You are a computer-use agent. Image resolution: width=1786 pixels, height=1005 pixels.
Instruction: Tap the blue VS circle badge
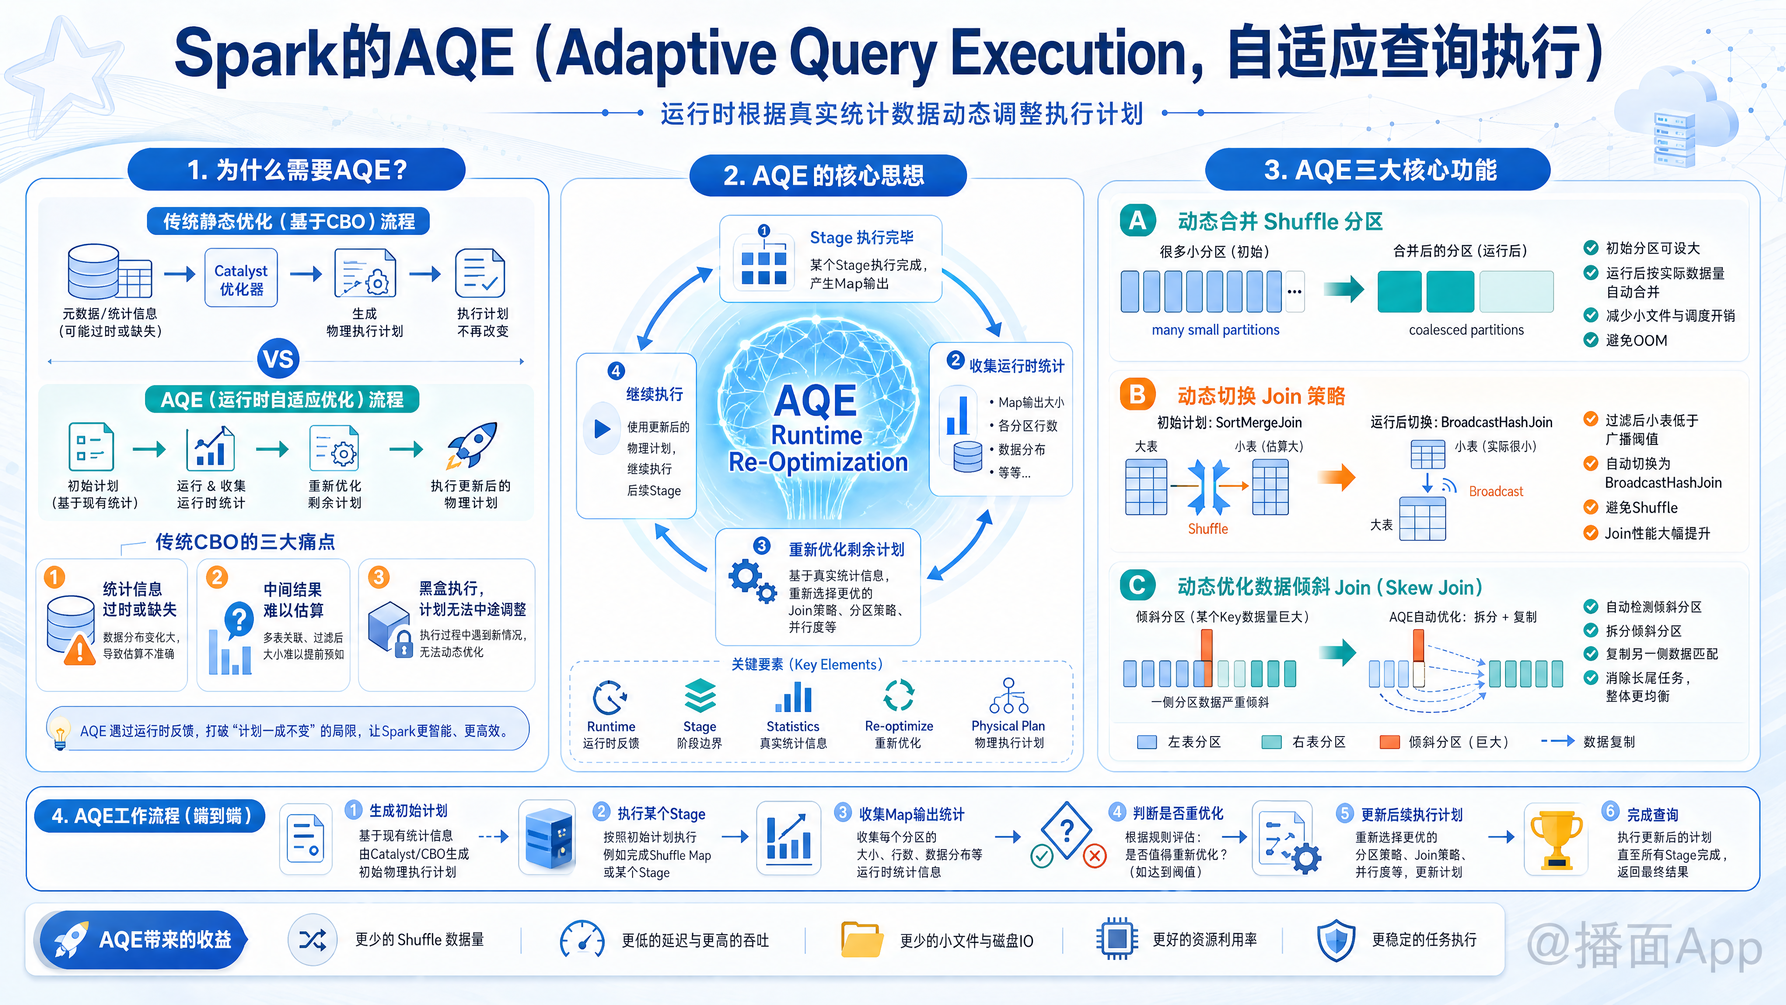[278, 359]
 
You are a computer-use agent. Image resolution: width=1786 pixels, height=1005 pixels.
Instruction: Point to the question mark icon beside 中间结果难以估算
[239, 619]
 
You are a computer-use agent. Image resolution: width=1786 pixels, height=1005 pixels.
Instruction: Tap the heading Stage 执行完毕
[862, 237]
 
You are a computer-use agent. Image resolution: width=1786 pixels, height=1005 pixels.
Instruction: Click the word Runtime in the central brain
[817, 435]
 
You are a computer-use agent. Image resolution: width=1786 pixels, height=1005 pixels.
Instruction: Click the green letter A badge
[1138, 221]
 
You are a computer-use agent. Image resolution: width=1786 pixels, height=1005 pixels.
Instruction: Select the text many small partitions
[1215, 330]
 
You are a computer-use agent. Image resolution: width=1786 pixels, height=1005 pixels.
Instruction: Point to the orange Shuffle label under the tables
[1208, 529]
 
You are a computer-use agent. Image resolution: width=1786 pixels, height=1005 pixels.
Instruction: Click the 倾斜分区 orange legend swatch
[1389, 742]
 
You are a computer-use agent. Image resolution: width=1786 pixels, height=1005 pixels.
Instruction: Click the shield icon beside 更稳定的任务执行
[1335, 940]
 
